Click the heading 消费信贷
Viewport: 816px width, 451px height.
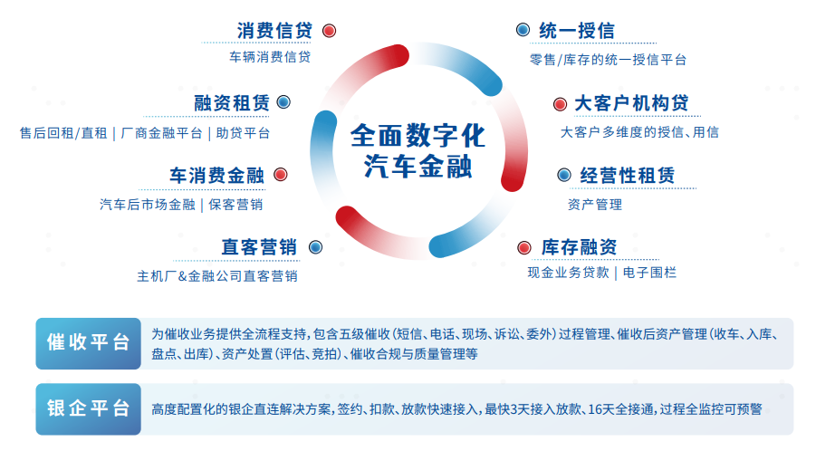click(274, 31)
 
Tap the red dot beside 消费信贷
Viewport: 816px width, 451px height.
click(329, 31)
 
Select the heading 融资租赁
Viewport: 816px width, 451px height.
click(232, 103)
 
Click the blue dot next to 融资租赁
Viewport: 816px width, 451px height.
click(283, 102)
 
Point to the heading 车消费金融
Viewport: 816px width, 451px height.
click(217, 176)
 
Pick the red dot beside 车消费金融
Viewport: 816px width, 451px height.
click(281, 174)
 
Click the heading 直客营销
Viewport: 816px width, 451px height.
click(259, 247)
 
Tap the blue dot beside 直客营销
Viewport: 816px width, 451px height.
click(315, 247)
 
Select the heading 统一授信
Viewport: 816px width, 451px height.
click(577, 31)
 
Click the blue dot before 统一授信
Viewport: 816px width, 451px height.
click(523, 30)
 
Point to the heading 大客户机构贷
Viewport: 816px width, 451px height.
click(631, 103)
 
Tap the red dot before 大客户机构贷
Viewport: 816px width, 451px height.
click(560, 104)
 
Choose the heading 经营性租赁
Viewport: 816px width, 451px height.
click(627, 176)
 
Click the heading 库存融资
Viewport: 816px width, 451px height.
click(579, 247)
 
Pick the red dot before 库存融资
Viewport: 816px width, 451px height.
click(524, 247)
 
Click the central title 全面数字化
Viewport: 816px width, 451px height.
click(418, 136)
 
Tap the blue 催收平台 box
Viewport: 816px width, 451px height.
click(89, 343)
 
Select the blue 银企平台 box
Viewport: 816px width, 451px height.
click(89, 408)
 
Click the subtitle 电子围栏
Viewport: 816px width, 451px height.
click(649, 273)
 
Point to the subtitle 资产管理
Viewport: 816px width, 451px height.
click(595, 205)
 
